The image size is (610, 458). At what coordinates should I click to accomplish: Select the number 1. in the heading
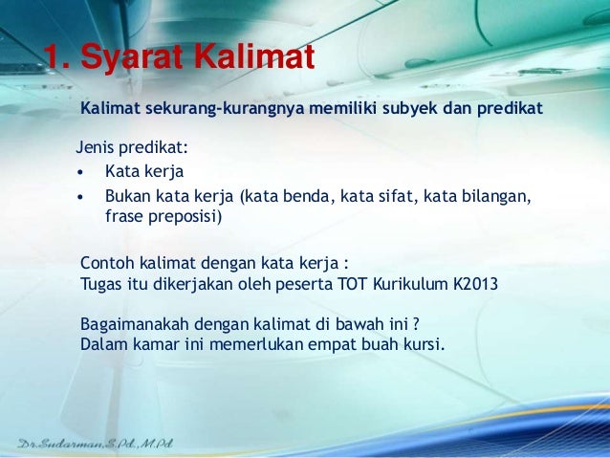(54, 58)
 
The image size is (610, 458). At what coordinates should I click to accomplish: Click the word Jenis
(94, 149)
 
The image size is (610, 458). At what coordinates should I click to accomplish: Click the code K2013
(470, 284)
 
